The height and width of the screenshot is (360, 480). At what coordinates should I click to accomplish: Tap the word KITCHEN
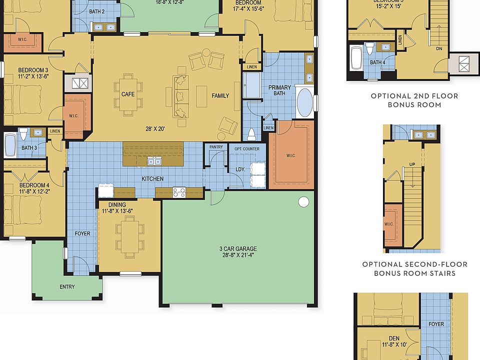tap(152, 178)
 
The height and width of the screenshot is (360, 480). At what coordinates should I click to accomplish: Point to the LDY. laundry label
tap(240, 169)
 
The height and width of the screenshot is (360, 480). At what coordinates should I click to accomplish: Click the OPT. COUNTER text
tap(243, 149)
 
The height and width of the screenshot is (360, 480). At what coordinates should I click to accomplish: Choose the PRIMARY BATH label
tap(279, 90)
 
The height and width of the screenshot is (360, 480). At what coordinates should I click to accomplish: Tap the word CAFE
tap(128, 94)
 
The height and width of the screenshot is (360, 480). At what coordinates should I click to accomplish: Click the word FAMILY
tap(220, 95)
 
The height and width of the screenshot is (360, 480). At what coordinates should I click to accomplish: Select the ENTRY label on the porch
tap(67, 286)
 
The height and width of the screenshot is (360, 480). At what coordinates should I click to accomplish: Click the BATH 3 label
tap(29, 148)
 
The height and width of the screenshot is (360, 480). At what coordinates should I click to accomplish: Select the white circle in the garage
tap(303, 202)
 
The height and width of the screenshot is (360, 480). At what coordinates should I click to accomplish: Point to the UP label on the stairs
tap(412, 164)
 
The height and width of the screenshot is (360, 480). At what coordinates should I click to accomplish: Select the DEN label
tap(394, 338)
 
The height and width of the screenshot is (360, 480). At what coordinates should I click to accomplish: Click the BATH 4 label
tap(377, 62)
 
